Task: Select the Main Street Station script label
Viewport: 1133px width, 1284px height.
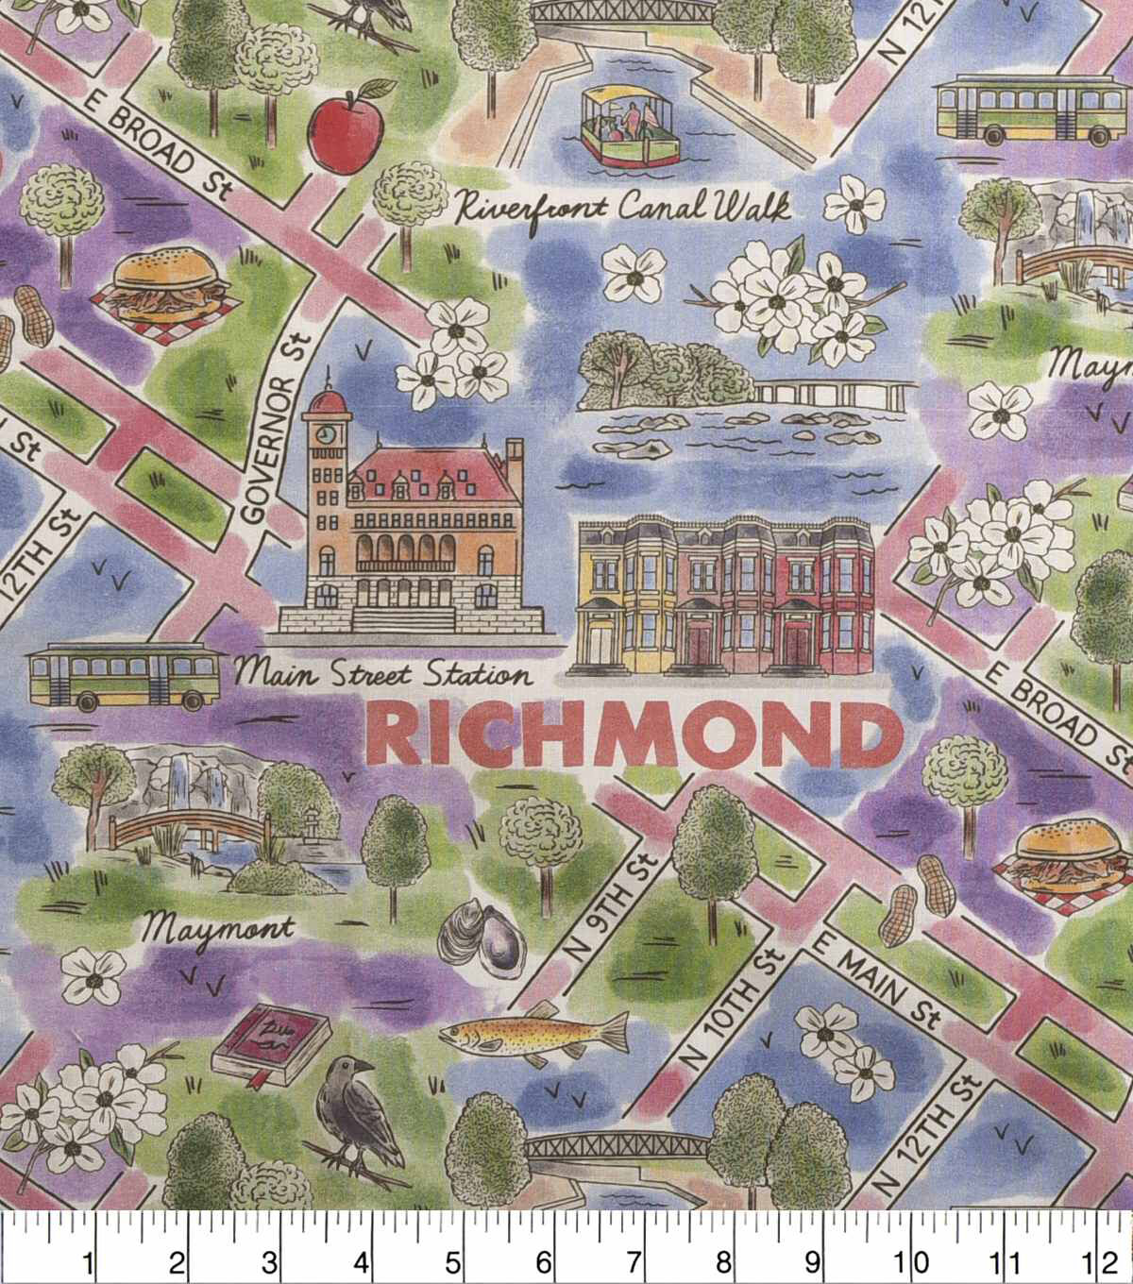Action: coord(381,674)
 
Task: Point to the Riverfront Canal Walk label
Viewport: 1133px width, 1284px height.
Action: coord(621,207)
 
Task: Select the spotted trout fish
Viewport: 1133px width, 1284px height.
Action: coord(534,1032)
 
